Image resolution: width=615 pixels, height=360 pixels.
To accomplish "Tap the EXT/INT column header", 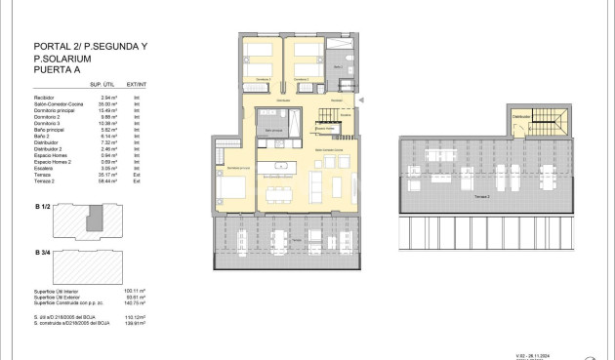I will pyautogui.click(x=143, y=88).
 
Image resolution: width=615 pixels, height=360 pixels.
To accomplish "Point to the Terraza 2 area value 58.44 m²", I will pyautogui.click(x=108, y=181).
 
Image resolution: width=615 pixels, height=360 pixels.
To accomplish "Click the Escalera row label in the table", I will pyautogui.click(x=45, y=169).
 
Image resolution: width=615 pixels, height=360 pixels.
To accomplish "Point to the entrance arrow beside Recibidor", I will pyautogui.click(x=362, y=99).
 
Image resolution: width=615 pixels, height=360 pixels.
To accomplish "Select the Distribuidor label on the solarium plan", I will pyautogui.click(x=521, y=116).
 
